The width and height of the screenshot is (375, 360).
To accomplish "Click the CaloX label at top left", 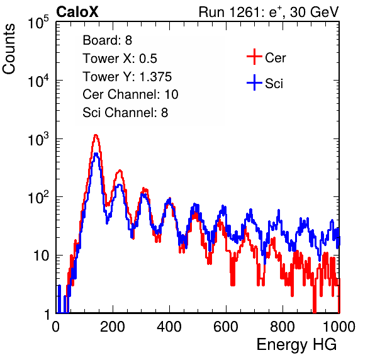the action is [77, 12].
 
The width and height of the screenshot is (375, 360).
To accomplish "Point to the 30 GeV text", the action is [314, 12].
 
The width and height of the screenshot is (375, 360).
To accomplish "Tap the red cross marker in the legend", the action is [254, 57].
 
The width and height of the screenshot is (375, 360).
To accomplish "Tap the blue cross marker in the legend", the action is [254, 82].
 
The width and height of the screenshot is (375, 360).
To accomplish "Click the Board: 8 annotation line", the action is [107, 40].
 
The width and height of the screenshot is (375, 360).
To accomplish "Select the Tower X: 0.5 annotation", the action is [120, 59].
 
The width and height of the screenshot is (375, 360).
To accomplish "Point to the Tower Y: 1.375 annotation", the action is [127, 77].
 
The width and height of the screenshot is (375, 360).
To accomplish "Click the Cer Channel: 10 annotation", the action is [130, 94].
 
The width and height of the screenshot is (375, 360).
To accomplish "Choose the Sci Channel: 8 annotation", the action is [125, 113].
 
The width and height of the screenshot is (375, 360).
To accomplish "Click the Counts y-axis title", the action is [9, 49].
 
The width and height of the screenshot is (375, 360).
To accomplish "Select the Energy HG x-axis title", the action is [296, 345].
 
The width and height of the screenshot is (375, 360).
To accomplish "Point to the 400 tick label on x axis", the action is [169, 327].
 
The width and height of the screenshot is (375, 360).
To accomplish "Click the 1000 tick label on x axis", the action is [339, 327].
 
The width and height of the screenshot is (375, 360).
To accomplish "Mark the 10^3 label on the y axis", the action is [38, 139].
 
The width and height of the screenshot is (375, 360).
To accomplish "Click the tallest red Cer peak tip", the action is [96, 135].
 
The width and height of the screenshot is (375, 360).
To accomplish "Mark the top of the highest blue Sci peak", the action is [96, 154].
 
